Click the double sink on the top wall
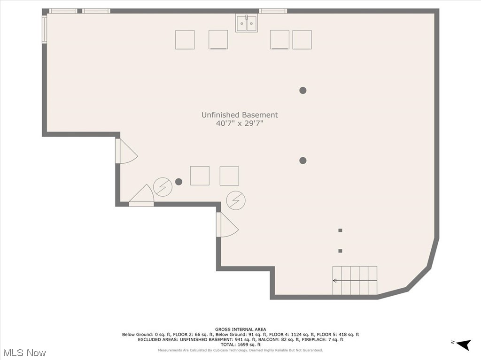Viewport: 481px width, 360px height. pyautogui.click(x=247, y=23)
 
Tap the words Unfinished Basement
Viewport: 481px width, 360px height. pyautogui.click(x=240, y=115)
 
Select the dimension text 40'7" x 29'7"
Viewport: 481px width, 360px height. pyautogui.click(x=240, y=124)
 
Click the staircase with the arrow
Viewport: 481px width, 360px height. pyautogui.click(x=355, y=281)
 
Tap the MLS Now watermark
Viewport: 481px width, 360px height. pyautogui.click(x=24, y=352)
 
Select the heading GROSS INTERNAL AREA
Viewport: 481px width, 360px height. pyautogui.click(x=240, y=329)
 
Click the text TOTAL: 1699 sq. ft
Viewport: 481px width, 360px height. pyautogui.click(x=240, y=345)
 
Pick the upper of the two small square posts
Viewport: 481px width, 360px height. pyautogui.click(x=340, y=230)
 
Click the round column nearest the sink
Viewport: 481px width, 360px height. pyautogui.click(x=303, y=90)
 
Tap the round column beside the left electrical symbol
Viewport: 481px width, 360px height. pyautogui.click(x=178, y=182)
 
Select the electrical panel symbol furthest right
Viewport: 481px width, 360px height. pyautogui.click(x=236, y=200)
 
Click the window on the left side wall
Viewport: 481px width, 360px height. pyautogui.click(x=45, y=30)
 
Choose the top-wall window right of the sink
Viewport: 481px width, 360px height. pyautogui.click(x=273, y=11)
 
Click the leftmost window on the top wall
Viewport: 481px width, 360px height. pyautogui.click(x=63, y=11)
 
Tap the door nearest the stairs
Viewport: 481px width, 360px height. pyautogui.click(x=226, y=225)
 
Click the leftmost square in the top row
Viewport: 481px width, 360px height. pyautogui.click(x=185, y=40)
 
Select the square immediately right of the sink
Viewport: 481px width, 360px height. pyautogui.click(x=279, y=40)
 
